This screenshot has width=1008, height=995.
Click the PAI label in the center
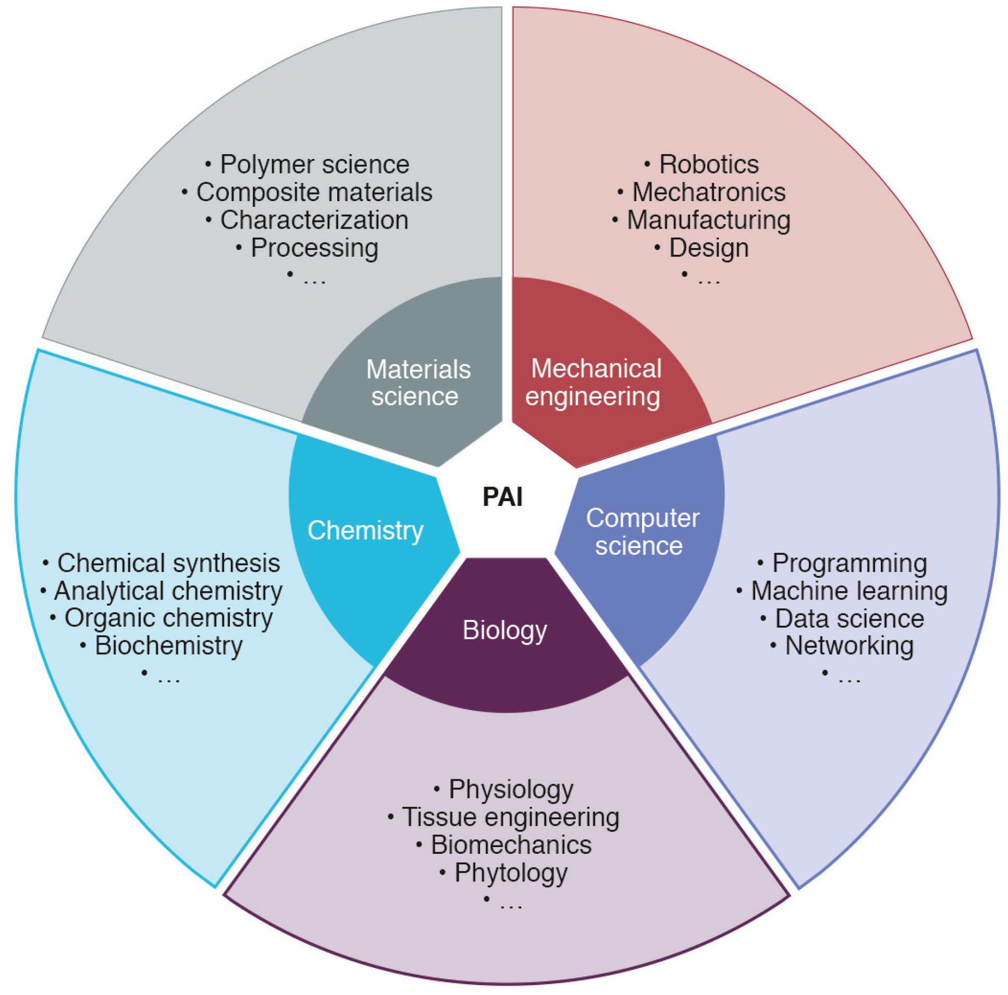coord(502,496)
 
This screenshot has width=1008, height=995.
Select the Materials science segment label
coord(417,383)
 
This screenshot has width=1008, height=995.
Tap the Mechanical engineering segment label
coord(595,383)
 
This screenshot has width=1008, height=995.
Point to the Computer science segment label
coord(641,532)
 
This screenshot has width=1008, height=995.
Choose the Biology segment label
coord(505,630)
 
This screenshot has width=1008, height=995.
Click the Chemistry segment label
coord(365,531)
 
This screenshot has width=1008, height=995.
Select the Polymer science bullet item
coord(314,165)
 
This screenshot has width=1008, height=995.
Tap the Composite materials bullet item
coord(314,192)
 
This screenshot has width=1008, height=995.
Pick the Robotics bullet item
coord(708,165)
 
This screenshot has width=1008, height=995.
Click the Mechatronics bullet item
coord(708,192)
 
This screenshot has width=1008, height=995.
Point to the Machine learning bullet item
coord(849,591)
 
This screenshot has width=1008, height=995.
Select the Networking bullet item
coord(849,645)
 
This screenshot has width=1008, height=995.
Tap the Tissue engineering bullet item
coord(510,817)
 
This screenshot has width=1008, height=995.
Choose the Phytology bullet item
coord(510,873)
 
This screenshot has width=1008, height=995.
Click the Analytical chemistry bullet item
coord(168,591)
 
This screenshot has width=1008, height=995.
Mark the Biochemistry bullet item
coord(168,645)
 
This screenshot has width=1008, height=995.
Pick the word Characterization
coord(314,220)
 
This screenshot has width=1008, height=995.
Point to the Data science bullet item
coord(849,619)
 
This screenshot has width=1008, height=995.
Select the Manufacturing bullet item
coord(708,220)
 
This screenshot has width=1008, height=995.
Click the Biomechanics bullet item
coord(510,845)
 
